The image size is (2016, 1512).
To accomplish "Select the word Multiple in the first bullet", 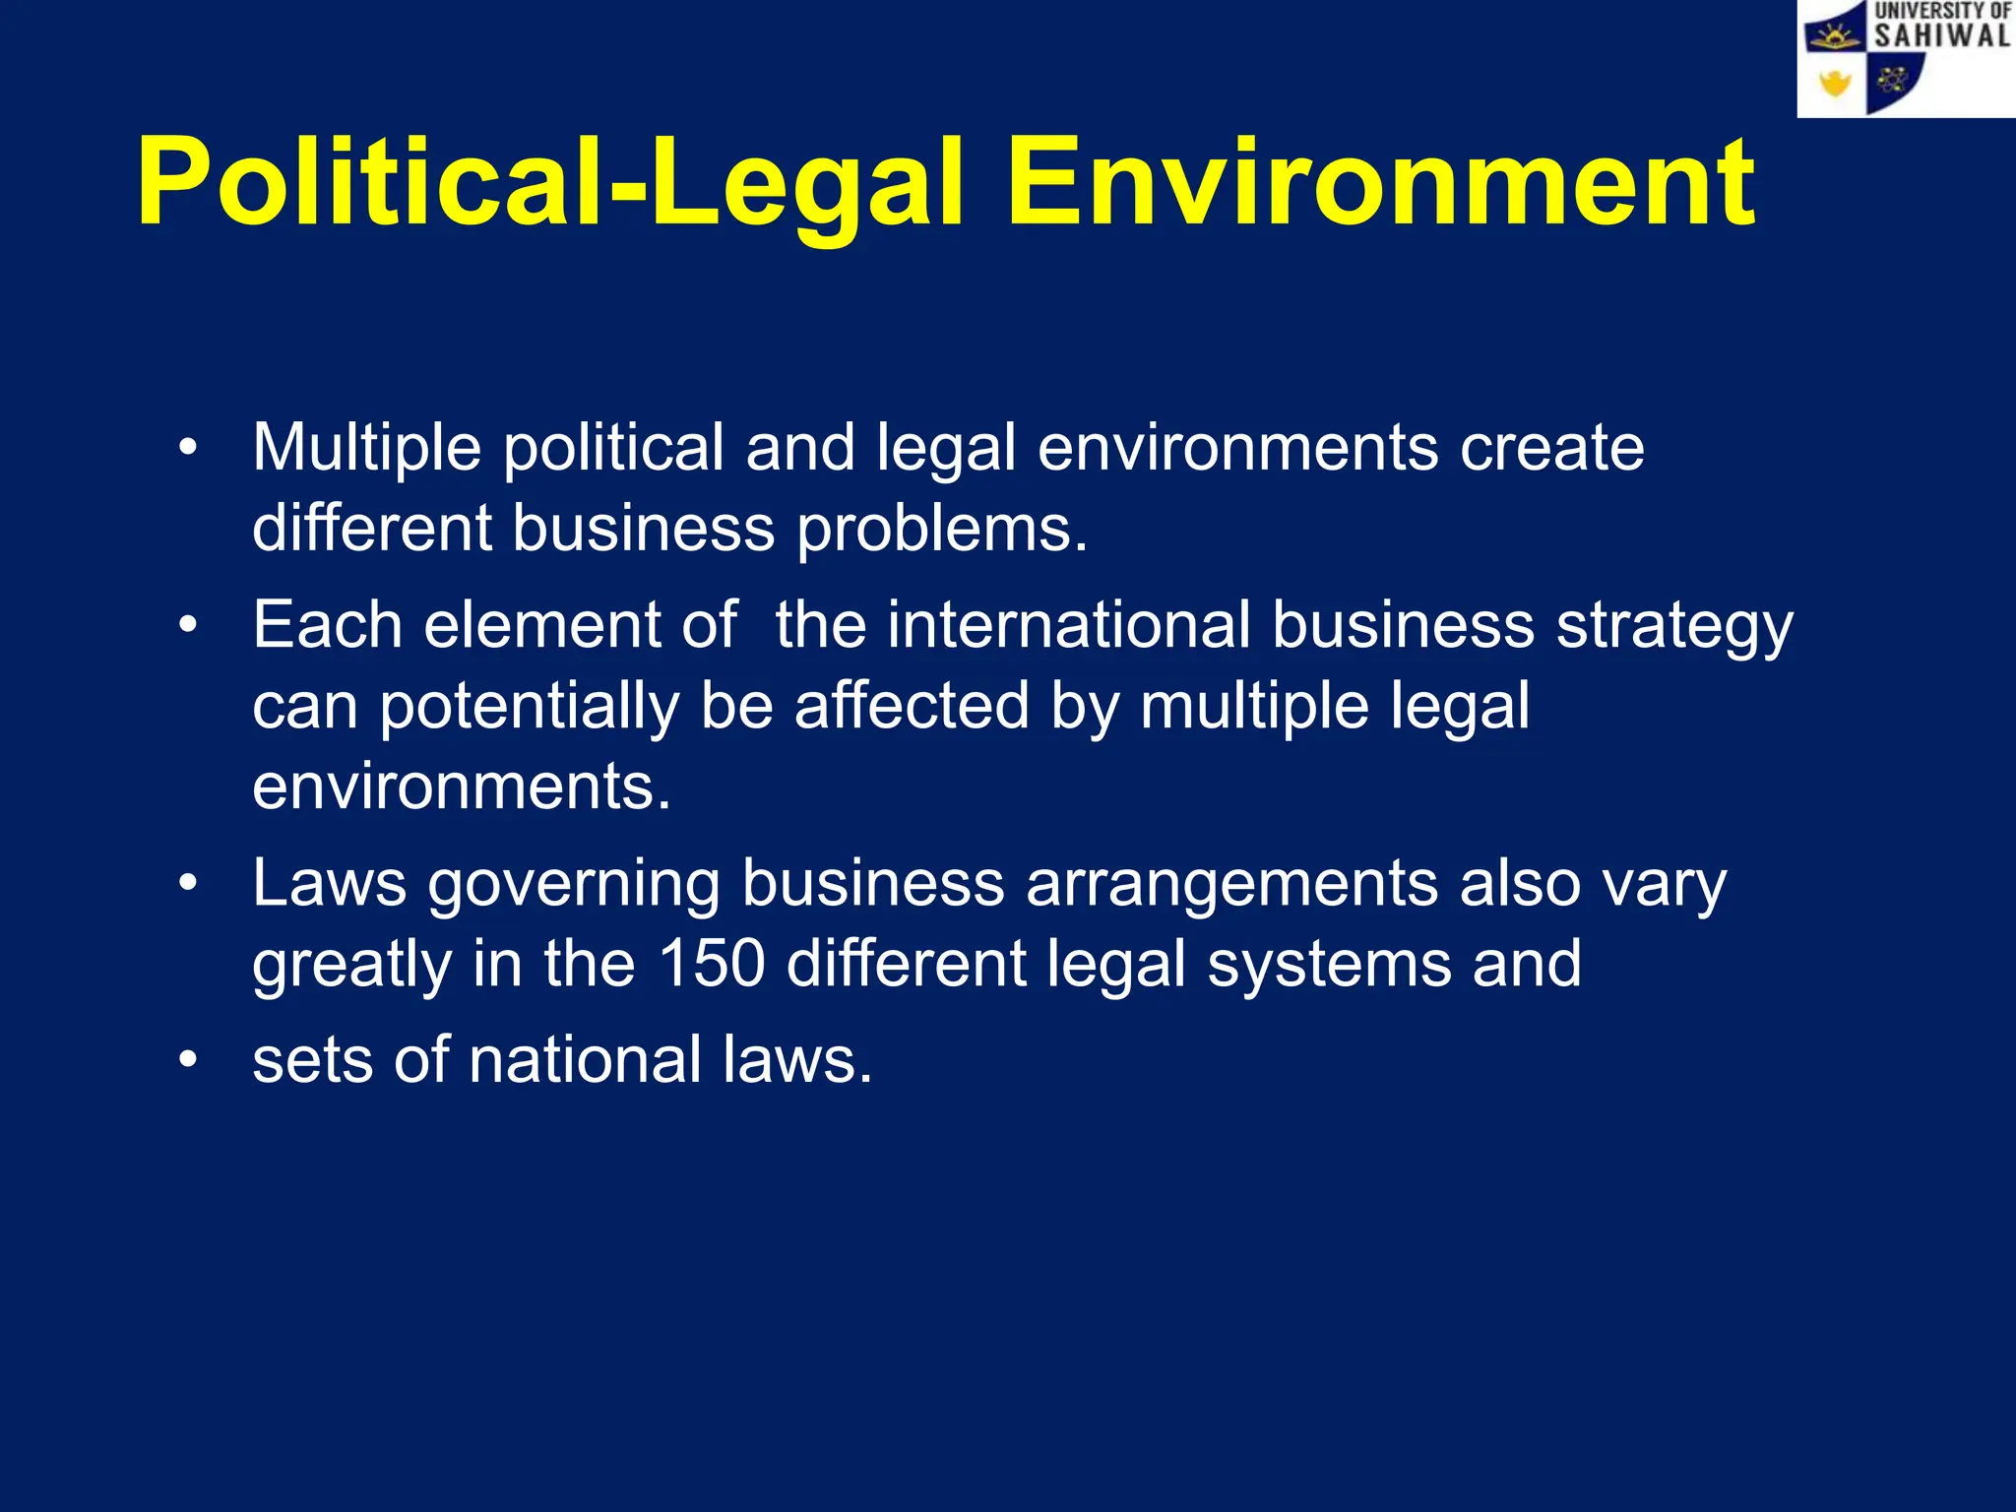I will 366,448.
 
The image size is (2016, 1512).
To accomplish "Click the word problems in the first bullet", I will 941,530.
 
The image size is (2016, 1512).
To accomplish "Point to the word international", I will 1067,625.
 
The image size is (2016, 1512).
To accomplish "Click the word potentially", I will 529,708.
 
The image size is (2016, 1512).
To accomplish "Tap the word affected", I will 911,706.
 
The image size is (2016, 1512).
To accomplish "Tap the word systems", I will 1329,965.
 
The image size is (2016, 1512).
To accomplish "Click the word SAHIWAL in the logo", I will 1940,36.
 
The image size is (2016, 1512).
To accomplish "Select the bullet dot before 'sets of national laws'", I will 188,1060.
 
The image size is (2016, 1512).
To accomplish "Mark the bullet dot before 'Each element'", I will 188,625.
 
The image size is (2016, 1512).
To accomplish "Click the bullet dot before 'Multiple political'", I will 188,448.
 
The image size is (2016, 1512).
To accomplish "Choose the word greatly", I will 351,965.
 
